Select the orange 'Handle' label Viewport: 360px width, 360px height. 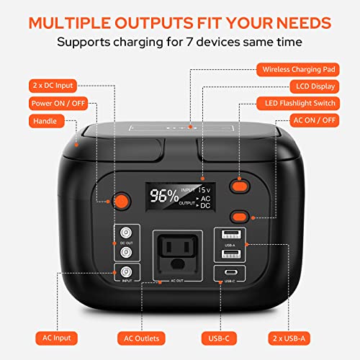click(x=47, y=121)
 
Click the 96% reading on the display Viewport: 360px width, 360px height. click(x=165, y=195)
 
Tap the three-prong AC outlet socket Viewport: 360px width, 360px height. click(x=179, y=246)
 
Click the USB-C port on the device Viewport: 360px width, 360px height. click(x=230, y=273)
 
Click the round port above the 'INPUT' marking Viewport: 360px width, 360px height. click(x=127, y=271)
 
